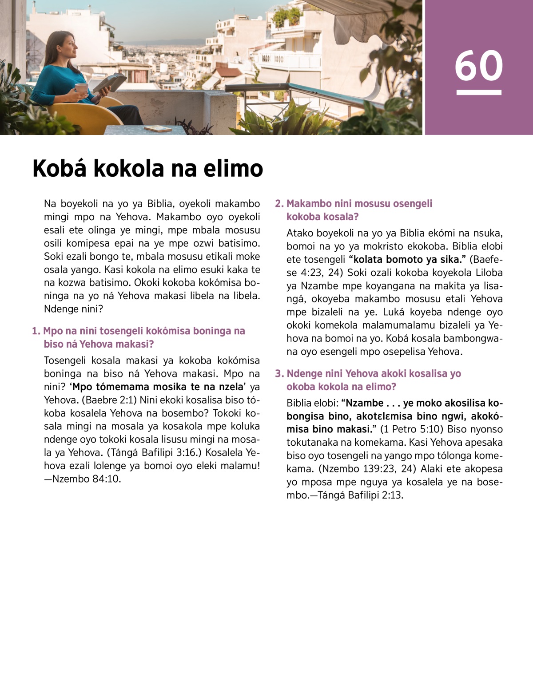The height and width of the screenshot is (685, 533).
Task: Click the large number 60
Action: (478, 65)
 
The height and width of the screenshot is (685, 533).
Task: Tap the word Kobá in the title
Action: (60, 169)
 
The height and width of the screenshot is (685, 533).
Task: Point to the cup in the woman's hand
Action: (81, 88)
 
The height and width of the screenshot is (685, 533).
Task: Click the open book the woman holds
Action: (109, 82)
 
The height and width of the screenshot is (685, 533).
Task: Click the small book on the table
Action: (158, 129)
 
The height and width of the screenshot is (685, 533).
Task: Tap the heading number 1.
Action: (36, 331)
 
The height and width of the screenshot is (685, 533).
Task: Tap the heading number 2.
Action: (278, 204)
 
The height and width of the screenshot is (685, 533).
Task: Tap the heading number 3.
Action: (278, 374)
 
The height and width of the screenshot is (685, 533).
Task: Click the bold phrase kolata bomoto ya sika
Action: (406, 260)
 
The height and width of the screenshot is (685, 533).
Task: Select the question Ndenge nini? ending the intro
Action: (73, 309)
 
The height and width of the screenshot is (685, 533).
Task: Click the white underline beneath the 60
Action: (478, 93)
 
